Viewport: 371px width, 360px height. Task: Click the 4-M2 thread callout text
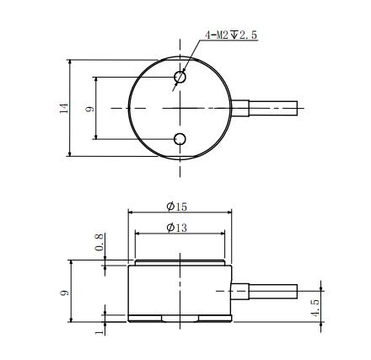[231, 35]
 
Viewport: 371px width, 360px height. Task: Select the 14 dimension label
[64, 108]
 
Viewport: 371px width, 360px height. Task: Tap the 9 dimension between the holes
[89, 109]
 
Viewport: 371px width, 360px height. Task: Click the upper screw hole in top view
[180, 77]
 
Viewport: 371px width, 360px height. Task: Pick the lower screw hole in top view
[180, 139]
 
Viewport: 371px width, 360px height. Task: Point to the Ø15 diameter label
[177, 207]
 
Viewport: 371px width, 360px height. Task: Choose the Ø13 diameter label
[177, 228]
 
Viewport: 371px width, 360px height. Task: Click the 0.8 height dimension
[99, 244]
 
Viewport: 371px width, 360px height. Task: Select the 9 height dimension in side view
[65, 293]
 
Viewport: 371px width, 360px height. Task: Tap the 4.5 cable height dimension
[315, 309]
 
